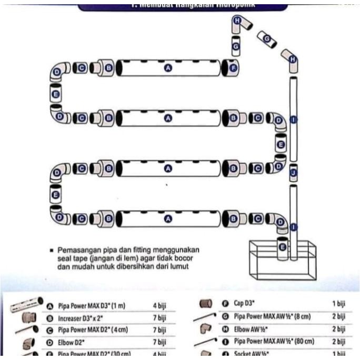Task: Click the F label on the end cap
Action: click(x=234, y=67)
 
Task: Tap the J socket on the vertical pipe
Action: click(x=293, y=171)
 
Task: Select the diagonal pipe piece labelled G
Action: click(x=267, y=39)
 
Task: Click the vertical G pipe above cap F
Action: click(x=236, y=46)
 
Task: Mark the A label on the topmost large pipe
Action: click(x=168, y=68)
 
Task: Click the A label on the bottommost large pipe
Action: click(x=168, y=218)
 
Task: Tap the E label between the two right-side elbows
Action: click(x=281, y=144)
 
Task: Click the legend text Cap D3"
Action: click(x=245, y=304)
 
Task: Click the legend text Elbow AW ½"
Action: click(x=252, y=329)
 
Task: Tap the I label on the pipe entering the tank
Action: click(x=293, y=227)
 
